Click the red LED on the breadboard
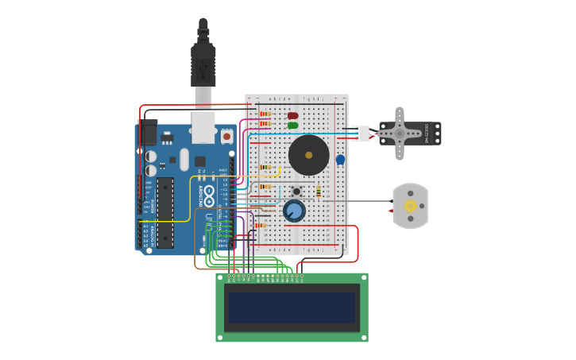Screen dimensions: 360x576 [292, 116]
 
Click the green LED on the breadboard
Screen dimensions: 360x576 [292, 126]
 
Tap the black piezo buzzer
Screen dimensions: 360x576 [308, 155]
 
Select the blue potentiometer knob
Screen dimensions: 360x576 [294, 211]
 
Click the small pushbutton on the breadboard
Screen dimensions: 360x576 [296, 191]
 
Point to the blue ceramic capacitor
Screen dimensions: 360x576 [340, 160]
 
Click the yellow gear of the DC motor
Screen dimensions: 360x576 [411, 206]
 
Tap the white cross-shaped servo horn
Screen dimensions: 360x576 [400, 134]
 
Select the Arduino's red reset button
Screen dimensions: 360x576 [226, 136]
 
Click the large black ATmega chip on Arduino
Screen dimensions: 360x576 [165, 212]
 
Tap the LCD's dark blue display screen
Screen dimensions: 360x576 [292, 308]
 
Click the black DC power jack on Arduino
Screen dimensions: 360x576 [149, 132]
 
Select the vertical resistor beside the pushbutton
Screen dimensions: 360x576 [319, 192]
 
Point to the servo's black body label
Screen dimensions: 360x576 [427, 134]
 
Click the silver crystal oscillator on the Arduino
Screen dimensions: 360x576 [184, 159]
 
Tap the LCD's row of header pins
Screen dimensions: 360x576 [265, 276]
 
